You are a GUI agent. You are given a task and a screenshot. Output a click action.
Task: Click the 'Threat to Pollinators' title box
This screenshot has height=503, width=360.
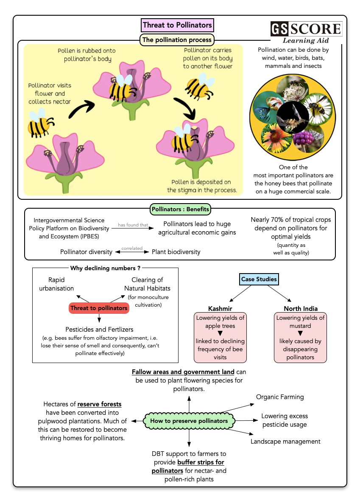click(x=177, y=25)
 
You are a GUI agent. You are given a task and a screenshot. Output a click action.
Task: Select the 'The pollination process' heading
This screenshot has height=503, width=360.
click(x=177, y=40)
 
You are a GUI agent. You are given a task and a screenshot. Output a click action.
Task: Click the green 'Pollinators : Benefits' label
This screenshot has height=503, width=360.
click(x=180, y=209)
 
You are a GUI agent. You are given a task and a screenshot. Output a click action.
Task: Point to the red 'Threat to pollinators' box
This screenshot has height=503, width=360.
click(x=99, y=308)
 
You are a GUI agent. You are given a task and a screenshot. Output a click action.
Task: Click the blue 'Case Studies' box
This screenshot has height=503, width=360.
click(x=259, y=279)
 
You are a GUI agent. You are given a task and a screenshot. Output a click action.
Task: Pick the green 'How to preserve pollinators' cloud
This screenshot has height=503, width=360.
click(x=189, y=421)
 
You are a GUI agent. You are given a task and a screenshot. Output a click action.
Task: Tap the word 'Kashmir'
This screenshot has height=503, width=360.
click(x=220, y=308)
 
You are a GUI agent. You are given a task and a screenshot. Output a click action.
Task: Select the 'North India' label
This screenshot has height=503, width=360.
click(x=300, y=308)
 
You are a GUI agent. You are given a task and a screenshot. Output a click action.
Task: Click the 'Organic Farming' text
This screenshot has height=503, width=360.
click(x=280, y=397)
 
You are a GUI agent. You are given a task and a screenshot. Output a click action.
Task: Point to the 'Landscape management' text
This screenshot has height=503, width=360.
click(x=285, y=442)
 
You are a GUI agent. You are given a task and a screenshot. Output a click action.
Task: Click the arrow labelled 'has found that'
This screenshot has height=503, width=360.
click(x=133, y=228)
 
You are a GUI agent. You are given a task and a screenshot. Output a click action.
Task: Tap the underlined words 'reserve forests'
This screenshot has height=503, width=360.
click(x=100, y=404)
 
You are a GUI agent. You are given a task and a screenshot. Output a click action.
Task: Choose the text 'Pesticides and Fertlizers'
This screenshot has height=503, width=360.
click(x=99, y=329)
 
